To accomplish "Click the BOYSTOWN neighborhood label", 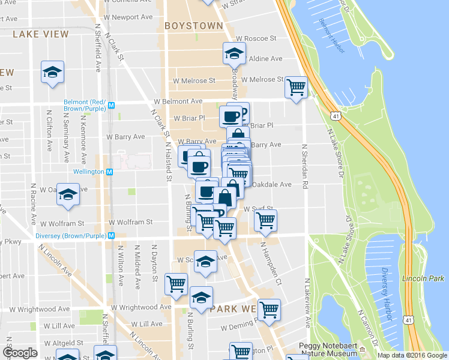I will tap(193, 26).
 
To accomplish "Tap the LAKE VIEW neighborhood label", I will tap(40, 34).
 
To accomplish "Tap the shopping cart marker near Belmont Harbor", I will tap(296, 88).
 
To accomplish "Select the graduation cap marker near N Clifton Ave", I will tap(53, 72).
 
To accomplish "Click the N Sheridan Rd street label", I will tap(304, 168).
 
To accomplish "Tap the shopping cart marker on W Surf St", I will tap(265, 220).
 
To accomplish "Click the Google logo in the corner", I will tap(20, 353).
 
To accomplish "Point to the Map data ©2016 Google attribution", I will tap(412, 355).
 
